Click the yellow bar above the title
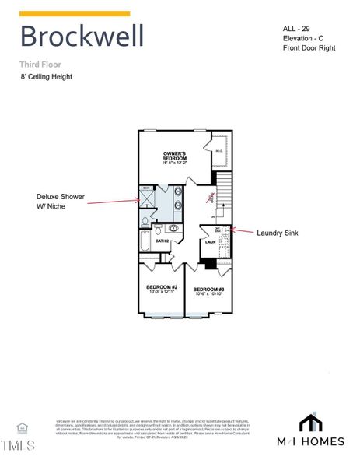pos(75,13)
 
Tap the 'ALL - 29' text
pos(297,29)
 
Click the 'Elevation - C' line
pos(305,39)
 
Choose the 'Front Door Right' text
pos(309,49)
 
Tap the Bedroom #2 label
pos(162,289)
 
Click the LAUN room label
pos(210,242)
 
